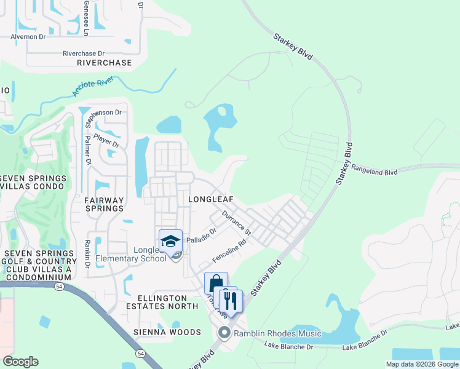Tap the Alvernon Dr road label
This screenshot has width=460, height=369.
28,36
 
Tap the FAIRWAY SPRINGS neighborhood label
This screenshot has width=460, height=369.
104,204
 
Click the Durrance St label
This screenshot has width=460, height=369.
237,223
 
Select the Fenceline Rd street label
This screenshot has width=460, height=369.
229,250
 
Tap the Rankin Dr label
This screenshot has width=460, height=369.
88,253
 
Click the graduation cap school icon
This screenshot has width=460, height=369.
170,241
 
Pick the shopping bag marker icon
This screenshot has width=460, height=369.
216,284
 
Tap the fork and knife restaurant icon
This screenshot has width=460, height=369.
231,301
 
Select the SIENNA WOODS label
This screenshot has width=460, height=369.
167,332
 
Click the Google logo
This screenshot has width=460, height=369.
21,362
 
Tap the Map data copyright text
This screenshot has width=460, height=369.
421,364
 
